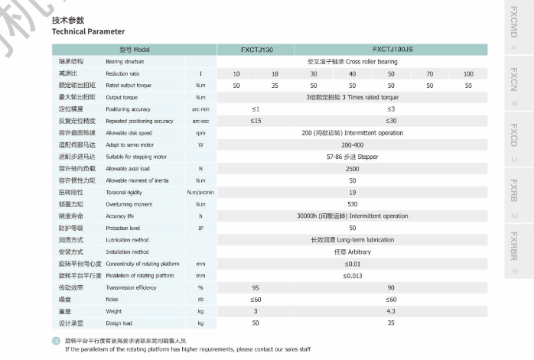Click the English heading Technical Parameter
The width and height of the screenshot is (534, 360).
pyautogui.click(x=88, y=31)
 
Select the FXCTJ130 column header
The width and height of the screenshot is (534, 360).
pyautogui.click(x=256, y=49)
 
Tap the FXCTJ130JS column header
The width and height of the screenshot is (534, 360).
pyautogui.click(x=391, y=49)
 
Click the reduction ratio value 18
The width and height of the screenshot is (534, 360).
pyautogui.click(x=275, y=73)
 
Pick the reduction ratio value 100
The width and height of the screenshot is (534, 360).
pyautogui.click(x=468, y=73)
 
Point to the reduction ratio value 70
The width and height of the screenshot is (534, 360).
pyautogui.click(x=430, y=73)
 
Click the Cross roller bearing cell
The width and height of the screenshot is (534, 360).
pyautogui.click(x=353, y=61)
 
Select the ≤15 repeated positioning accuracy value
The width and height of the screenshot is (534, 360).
pyautogui.click(x=256, y=121)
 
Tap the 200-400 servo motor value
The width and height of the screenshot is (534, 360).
pyautogui.click(x=353, y=144)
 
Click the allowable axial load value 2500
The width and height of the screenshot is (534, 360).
pyautogui.click(x=353, y=168)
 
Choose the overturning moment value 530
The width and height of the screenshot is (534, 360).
pyautogui.click(x=353, y=204)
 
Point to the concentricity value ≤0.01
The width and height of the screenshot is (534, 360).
pyautogui.click(x=353, y=264)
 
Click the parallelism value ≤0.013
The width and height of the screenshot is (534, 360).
pyautogui.click(x=353, y=275)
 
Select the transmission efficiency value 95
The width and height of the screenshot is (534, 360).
pyautogui.click(x=256, y=287)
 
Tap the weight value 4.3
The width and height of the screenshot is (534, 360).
pyautogui.click(x=391, y=311)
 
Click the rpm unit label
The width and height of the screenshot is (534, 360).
pyautogui.click(x=200, y=133)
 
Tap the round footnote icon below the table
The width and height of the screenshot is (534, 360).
pyautogui.click(x=55, y=340)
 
